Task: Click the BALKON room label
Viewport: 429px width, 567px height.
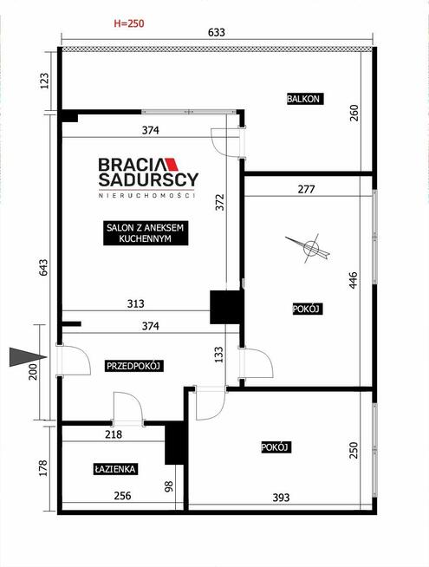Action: point(303,99)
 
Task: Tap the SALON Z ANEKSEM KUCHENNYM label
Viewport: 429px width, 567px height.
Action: point(146,233)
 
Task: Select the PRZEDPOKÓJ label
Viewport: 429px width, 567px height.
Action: point(134,366)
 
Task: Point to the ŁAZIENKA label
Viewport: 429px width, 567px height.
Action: point(115,469)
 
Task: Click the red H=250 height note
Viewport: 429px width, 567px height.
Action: point(129,23)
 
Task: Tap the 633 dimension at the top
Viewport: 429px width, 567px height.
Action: point(217,33)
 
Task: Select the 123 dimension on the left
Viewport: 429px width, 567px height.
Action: point(44,81)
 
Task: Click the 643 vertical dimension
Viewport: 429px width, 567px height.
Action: point(43,268)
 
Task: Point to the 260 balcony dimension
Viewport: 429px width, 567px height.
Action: point(354,113)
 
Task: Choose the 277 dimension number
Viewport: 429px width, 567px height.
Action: point(306,189)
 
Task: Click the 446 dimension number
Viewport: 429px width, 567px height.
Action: point(353,280)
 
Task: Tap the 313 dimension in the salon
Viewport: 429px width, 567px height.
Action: point(135,303)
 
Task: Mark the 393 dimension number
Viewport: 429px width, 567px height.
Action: point(281,498)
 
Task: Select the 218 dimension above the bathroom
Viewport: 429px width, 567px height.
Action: point(114,434)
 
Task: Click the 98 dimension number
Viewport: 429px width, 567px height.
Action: point(169,486)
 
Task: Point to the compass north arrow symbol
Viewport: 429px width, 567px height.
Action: point(308,248)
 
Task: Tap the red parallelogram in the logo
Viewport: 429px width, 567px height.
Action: point(172,165)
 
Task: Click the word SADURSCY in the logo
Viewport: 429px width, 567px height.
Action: point(148,179)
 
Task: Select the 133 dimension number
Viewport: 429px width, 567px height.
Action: point(219,355)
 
